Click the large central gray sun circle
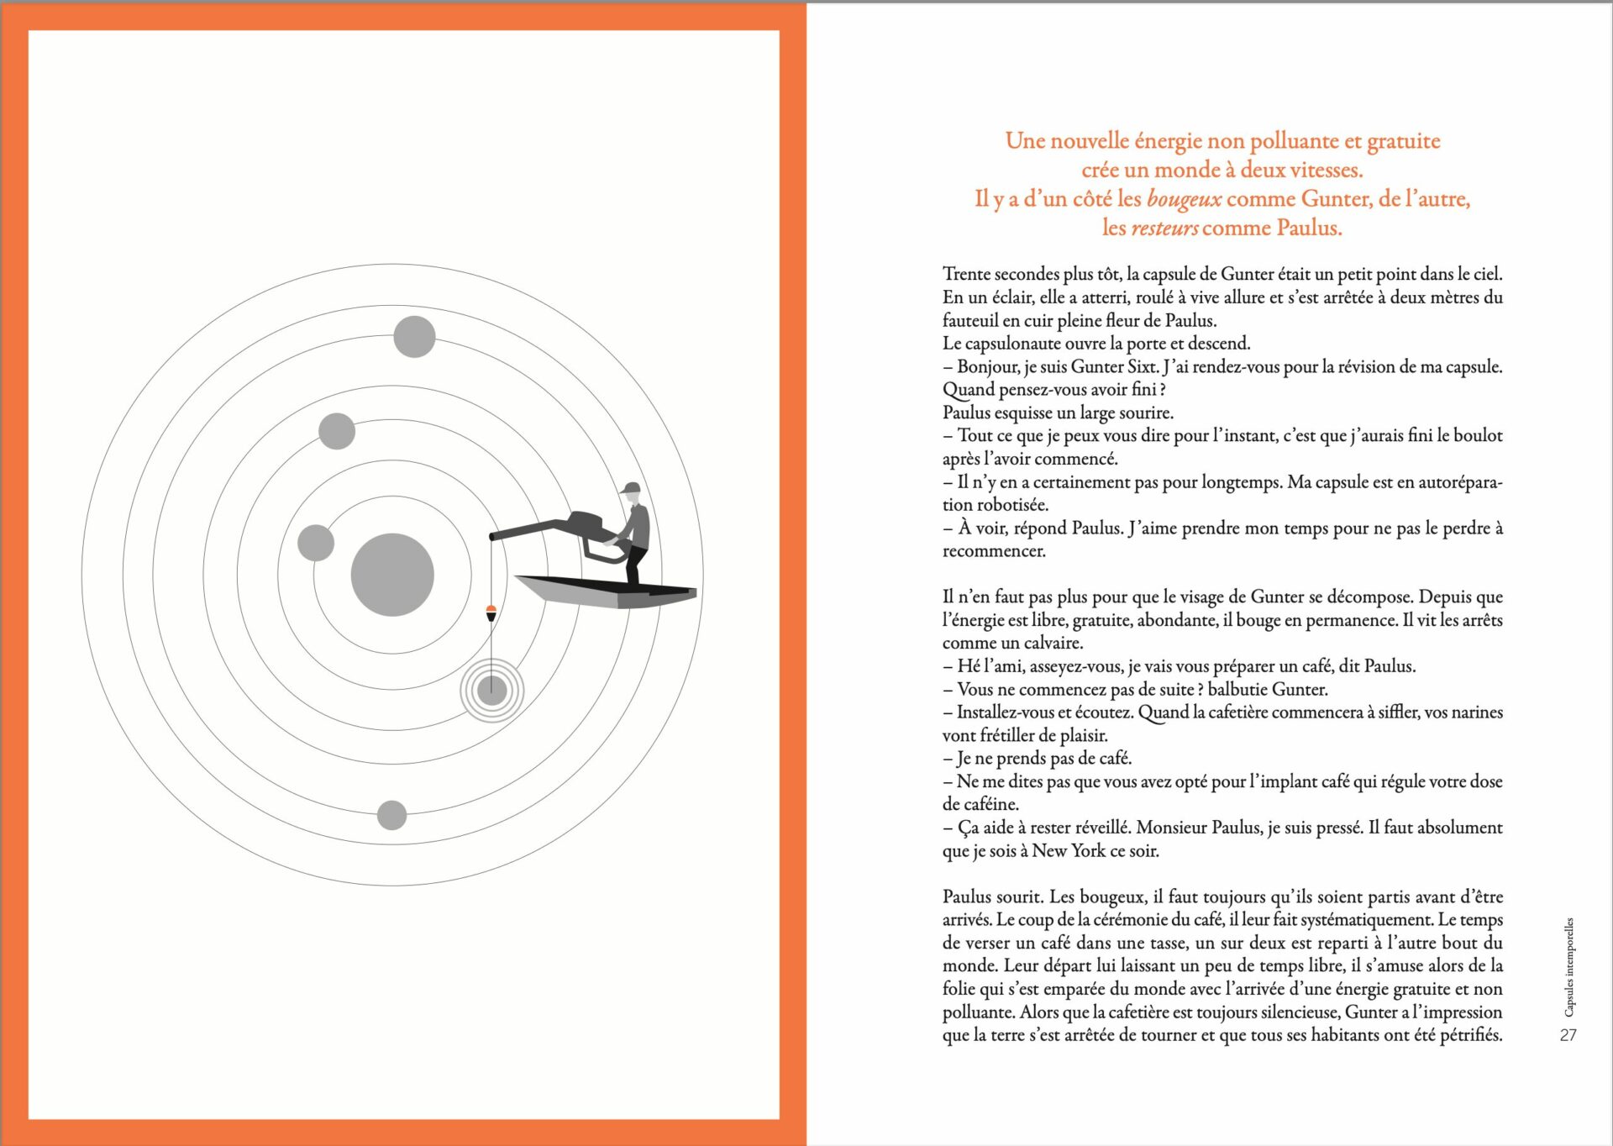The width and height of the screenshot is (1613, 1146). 392,575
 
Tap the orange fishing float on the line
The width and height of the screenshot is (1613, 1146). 491,612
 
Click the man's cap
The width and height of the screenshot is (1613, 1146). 630,488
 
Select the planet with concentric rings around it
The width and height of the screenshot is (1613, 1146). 491,691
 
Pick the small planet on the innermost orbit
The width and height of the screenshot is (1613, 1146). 316,543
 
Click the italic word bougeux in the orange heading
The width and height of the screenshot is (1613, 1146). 1184,199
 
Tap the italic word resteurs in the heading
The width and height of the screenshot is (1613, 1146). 1164,228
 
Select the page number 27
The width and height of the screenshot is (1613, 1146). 1568,1035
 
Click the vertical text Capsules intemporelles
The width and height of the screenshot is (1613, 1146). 1568,966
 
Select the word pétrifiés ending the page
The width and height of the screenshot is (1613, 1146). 1470,1035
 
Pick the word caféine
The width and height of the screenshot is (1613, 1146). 991,804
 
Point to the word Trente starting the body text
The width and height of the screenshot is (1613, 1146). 966,274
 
